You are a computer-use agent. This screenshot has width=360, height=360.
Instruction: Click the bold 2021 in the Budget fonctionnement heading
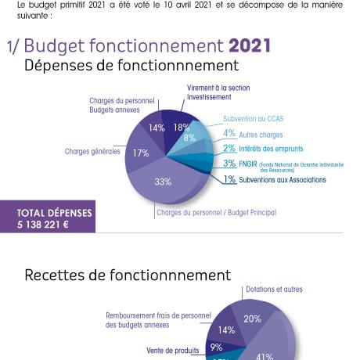click(250, 45)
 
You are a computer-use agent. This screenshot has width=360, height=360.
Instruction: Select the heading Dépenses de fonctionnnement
click(131, 66)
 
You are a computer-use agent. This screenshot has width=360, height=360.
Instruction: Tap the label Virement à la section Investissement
click(218, 92)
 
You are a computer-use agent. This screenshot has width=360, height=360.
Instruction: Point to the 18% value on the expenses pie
click(181, 128)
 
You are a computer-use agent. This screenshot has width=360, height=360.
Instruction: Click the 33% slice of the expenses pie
click(163, 182)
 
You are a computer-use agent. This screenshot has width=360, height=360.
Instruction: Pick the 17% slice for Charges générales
click(141, 153)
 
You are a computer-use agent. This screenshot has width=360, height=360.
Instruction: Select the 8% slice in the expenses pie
click(189, 139)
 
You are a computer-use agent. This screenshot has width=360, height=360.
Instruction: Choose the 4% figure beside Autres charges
click(229, 134)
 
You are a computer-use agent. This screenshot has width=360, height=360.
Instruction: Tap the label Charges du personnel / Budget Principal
click(216, 212)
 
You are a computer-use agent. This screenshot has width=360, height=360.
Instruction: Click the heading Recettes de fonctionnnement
click(128, 275)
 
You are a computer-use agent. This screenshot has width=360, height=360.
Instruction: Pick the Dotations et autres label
click(274, 290)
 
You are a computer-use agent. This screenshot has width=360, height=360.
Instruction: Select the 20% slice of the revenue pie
click(252, 319)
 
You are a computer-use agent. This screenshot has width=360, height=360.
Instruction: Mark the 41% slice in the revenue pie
click(265, 354)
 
